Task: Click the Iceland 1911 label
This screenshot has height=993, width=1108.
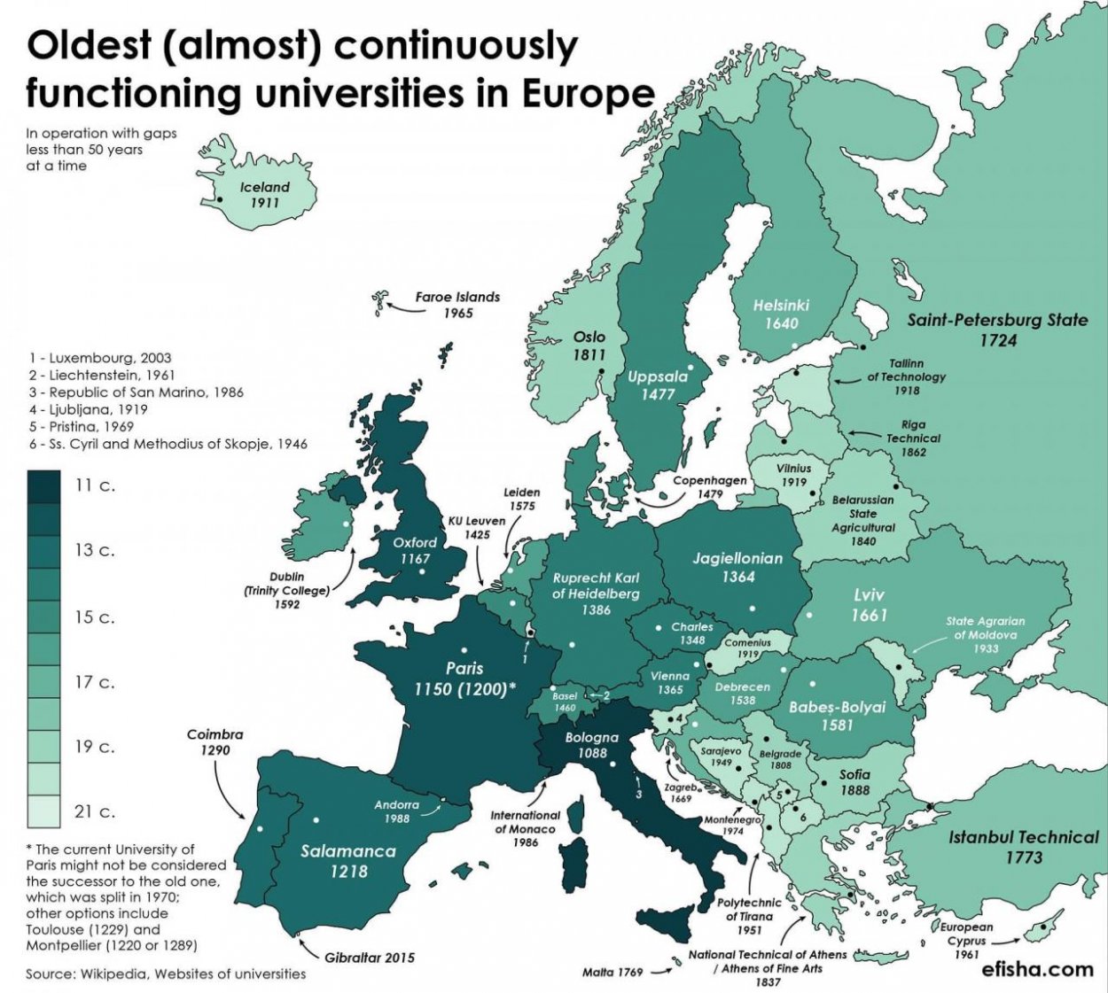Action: [x=264, y=195]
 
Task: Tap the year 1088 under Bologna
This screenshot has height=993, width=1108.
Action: [x=592, y=753]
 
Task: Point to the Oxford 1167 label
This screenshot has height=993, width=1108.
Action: [x=415, y=550]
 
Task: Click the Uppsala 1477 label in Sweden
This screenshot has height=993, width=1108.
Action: [x=657, y=384]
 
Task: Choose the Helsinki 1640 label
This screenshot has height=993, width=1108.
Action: [x=781, y=314]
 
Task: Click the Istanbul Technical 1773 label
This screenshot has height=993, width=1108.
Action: [x=1023, y=847]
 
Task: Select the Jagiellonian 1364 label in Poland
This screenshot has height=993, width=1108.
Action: [x=737, y=567]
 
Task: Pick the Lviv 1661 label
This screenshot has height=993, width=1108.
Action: [x=868, y=604]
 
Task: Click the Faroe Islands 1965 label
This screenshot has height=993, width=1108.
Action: [x=457, y=305]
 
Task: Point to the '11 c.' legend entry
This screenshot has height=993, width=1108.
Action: [x=95, y=485]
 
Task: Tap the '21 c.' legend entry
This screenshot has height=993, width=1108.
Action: [x=95, y=811]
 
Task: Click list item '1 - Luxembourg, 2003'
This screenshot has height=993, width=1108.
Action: [x=100, y=358]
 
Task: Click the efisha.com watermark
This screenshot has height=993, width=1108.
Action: [x=1037, y=968]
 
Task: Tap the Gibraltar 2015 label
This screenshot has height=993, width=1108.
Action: [x=369, y=958]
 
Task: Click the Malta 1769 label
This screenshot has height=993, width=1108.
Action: [x=613, y=972]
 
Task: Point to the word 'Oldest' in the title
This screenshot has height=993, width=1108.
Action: [x=89, y=46]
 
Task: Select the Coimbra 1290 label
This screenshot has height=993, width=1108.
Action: [x=215, y=741]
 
